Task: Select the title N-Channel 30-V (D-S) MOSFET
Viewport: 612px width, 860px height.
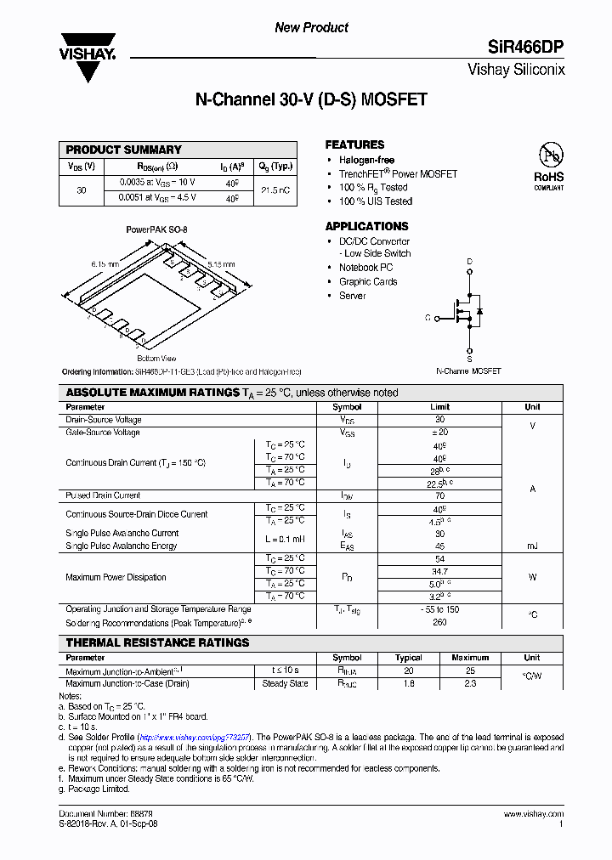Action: pyautogui.click(x=311, y=99)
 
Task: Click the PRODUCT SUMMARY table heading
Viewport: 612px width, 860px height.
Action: pyautogui.click(x=124, y=150)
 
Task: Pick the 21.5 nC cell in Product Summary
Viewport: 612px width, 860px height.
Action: pyautogui.click(x=275, y=190)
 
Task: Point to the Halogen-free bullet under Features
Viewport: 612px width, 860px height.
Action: pyautogui.click(x=366, y=160)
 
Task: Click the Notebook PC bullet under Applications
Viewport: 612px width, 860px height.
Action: pyautogui.click(x=365, y=268)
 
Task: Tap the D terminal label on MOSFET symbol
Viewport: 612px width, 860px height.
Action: pyautogui.click(x=468, y=262)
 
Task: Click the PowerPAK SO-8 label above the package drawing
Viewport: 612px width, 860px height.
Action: pyautogui.click(x=156, y=229)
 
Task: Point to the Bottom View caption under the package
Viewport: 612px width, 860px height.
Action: pyautogui.click(x=156, y=359)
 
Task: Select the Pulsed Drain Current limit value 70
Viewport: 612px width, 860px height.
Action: pyautogui.click(x=439, y=495)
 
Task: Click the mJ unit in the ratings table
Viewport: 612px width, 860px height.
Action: pyautogui.click(x=532, y=546)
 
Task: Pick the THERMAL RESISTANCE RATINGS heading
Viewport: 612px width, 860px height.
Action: pyautogui.click(x=157, y=642)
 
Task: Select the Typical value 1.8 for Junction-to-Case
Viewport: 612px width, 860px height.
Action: pyautogui.click(x=409, y=683)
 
